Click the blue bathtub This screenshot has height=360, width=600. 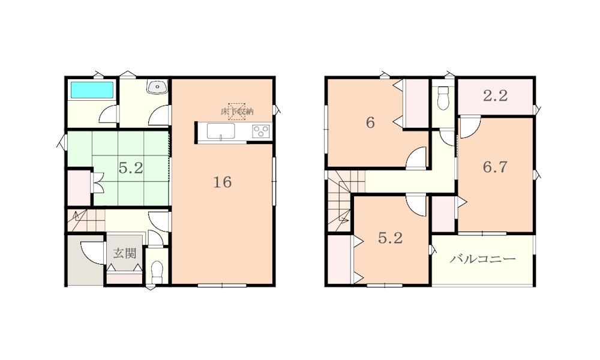92,90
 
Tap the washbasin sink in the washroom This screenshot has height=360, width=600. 157,87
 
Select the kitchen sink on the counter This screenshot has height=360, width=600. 221,131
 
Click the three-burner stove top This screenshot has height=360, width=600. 260,131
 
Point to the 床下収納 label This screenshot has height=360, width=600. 237,112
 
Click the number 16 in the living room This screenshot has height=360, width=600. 223,182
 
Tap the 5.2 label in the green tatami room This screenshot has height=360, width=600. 130,168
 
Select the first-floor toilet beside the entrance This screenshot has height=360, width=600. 157,271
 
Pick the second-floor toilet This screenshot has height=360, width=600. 443,98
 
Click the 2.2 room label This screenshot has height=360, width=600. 495,95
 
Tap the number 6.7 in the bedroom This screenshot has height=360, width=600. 495,167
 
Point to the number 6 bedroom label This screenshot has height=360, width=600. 370,123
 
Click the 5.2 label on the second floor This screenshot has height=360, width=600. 391,238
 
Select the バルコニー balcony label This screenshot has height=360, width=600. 482,259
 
